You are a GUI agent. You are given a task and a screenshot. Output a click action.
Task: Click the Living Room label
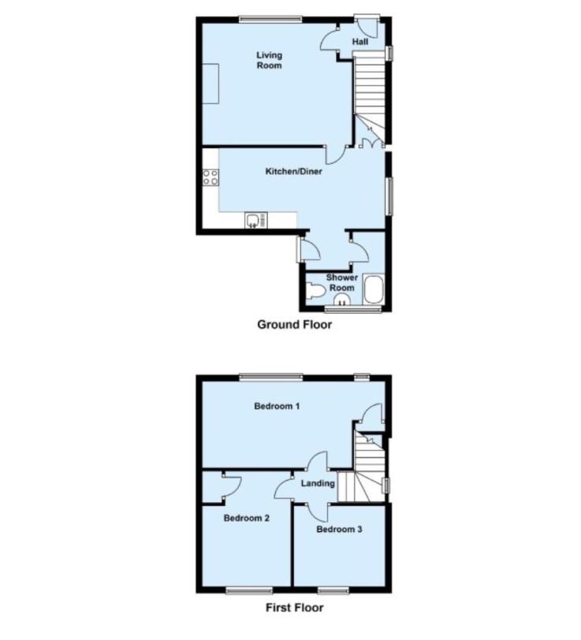(x=270, y=60)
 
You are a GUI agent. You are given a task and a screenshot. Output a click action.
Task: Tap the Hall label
(x=360, y=42)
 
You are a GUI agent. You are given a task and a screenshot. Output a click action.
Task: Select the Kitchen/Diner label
(x=293, y=171)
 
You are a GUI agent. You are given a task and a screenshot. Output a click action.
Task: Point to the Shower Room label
(x=341, y=282)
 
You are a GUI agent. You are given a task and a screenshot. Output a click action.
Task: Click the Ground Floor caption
(x=294, y=325)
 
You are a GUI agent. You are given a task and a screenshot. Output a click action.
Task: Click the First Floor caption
(x=294, y=608)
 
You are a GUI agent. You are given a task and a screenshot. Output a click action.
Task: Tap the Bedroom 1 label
(x=277, y=406)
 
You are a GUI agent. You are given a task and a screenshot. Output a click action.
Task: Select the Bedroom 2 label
(x=247, y=518)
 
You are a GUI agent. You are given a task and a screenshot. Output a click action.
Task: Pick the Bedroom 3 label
(x=339, y=529)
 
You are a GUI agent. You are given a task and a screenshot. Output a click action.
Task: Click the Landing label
(x=318, y=483)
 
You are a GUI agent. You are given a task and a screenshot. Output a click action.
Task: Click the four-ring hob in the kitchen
(x=210, y=177)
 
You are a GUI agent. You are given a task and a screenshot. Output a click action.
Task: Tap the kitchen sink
(x=256, y=221)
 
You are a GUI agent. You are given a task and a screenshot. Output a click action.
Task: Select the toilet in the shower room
(x=315, y=292)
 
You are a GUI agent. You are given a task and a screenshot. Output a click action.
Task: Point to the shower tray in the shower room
(x=373, y=289)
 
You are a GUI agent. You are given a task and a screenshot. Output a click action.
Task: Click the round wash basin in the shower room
(x=341, y=300)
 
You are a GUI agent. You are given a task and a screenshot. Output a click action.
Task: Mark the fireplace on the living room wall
(x=210, y=84)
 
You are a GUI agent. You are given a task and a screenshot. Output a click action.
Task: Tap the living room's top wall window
(x=270, y=18)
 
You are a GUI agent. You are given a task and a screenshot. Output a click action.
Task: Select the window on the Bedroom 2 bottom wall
(x=249, y=590)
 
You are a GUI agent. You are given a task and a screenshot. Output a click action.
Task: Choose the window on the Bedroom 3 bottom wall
(x=333, y=590)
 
